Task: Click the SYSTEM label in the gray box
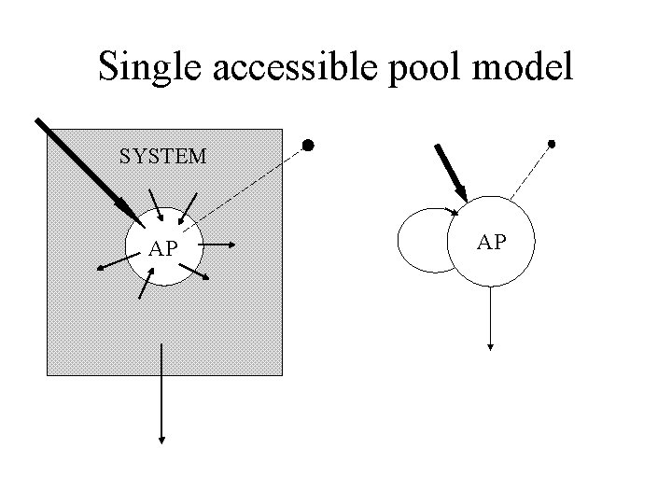pos(163,157)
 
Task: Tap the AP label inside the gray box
pos(163,249)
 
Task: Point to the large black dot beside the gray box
pos(306,146)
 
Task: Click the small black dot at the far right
pos(552,144)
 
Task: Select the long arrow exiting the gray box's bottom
pos(163,392)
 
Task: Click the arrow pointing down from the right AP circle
pos(491,317)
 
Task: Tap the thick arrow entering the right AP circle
pos(450,171)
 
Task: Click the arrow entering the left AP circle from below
pos(146,283)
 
